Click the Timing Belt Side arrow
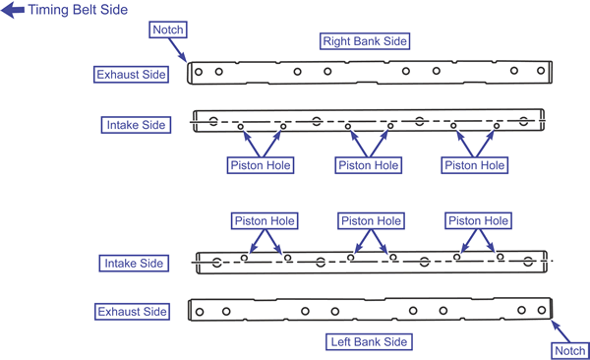coord(13,10)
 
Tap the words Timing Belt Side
coord(78,10)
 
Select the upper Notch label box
coord(168,30)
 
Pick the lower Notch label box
coord(569,351)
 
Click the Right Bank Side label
coord(365,41)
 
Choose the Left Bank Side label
coord(369,342)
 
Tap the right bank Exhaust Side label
coord(131,75)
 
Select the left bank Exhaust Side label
coord(132,312)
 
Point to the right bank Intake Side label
coord(136,125)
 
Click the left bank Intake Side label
coord(134,264)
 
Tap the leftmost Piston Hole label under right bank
coord(261,165)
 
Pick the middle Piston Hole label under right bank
coord(369,165)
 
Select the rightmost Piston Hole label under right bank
coord(475,165)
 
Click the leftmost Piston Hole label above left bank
coord(265,220)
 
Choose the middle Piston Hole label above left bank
coord(371,220)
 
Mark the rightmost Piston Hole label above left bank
coord(478,220)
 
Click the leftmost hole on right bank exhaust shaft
coord(199,72)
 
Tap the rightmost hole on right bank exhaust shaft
coord(541,71)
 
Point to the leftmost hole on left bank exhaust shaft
coord(200,312)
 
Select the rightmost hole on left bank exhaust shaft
coord(542,310)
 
